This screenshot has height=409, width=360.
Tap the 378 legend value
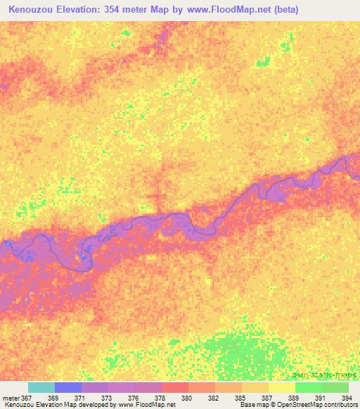162,398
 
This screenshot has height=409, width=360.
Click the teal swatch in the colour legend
41,387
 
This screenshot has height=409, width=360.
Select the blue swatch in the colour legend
68,387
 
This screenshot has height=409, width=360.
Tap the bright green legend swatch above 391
309,387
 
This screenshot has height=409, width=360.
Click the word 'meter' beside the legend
11,398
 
